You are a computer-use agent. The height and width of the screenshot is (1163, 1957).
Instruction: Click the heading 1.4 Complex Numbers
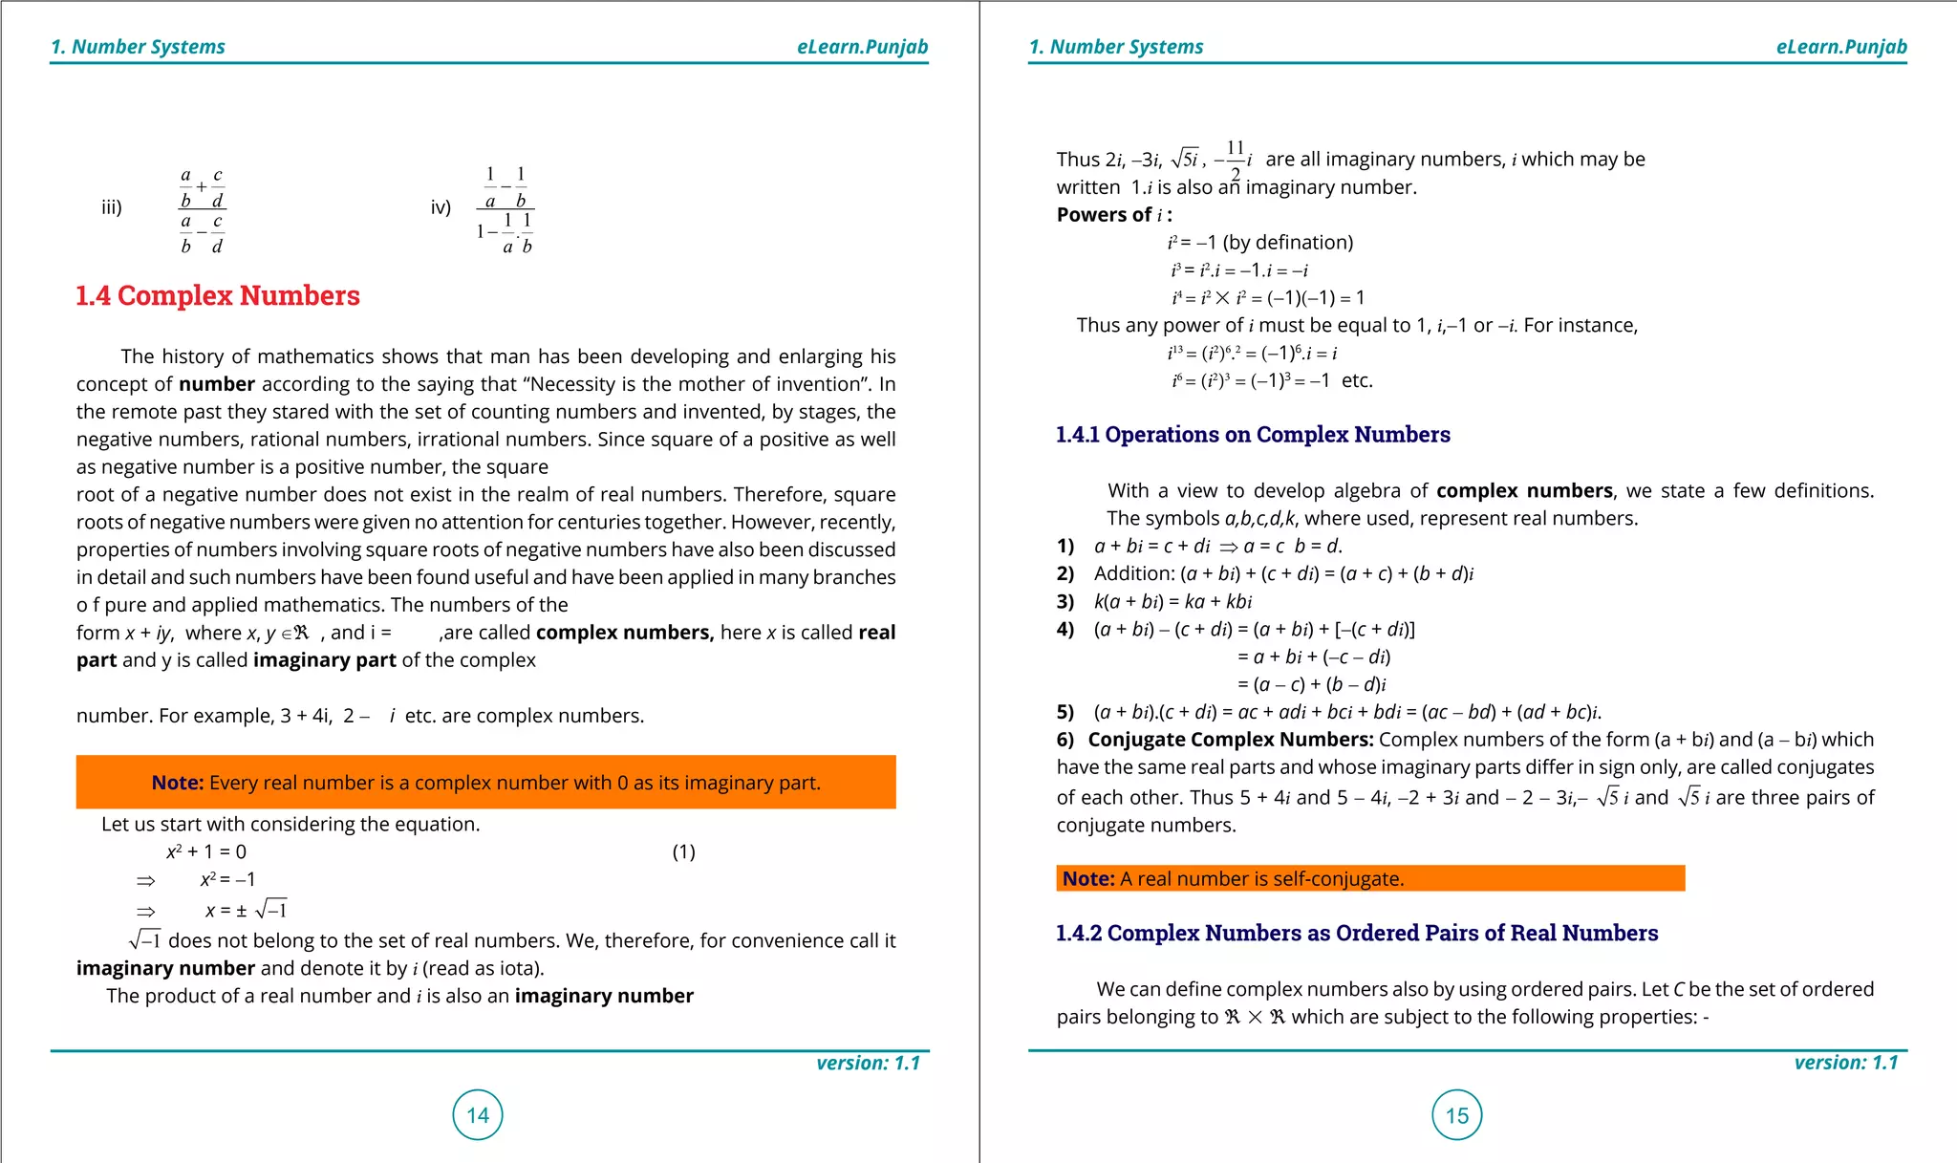pos(218,295)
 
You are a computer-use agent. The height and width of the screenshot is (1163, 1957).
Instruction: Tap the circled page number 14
pos(478,1114)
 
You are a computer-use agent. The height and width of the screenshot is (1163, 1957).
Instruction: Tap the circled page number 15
pos(1456,1114)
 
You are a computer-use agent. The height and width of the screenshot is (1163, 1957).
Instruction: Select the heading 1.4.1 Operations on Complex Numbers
pos(1252,435)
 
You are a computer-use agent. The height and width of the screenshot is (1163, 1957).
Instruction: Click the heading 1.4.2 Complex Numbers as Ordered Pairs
pos(1356,933)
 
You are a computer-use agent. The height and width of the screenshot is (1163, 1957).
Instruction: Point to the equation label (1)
pos(683,851)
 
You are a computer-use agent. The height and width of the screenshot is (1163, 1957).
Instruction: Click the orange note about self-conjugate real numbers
pos(1369,878)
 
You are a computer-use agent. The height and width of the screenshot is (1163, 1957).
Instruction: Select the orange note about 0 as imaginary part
pos(485,783)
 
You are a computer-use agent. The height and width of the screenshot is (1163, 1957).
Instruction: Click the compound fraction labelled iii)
pos(203,211)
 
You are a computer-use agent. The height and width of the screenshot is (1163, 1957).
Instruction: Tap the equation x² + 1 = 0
pos(206,851)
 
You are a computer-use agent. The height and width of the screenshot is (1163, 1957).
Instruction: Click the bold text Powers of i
pos(1113,215)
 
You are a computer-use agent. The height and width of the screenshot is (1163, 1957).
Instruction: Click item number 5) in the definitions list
pos(1065,712)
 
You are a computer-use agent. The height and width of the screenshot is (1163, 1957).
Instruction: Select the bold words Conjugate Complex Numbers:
pos(1231,740)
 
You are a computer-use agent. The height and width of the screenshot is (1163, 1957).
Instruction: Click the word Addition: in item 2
pos(1134,573)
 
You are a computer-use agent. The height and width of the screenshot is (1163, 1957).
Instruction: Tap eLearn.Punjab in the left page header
pos(862,47)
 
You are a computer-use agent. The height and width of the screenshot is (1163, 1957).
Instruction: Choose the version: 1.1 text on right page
pos(1845,1063)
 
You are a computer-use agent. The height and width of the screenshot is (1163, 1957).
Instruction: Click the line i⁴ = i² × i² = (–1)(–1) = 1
pos(1267,298)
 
